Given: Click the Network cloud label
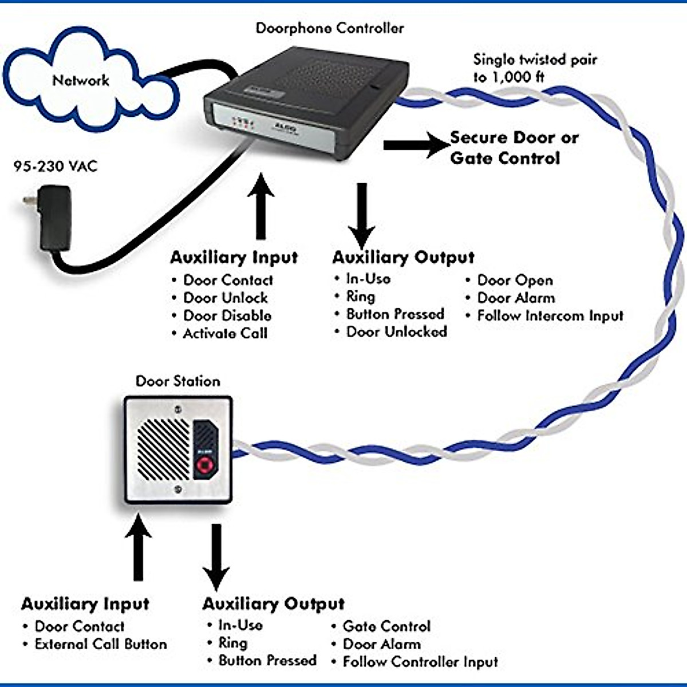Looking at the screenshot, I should pyautogui.click(x=81, y=80).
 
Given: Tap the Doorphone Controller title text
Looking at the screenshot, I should pyautogui.click(x=330, y=28).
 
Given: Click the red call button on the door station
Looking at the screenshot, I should pyautogui.click(x=205, y=465).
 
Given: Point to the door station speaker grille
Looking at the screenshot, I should pyautogui.click(x=163, y=449).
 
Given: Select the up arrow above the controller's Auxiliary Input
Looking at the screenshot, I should pyautogui.click(x=261, y=207).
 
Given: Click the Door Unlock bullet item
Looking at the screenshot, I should pyautogui.click(x=226, y=298).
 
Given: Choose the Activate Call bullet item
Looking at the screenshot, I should pyautogui.click(x=225, y=333).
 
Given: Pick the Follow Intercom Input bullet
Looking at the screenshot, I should pyautogui.click(x=550, y=315).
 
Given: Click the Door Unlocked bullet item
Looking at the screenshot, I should pyautogui.click(x=396, y=331).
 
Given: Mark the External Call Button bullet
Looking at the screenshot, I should pyautogui.click(x=101, y=644).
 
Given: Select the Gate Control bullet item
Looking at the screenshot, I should pyautogui.click(x=386, y=626).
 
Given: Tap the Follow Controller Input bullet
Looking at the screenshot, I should pyautogui.click(x=420, y=662).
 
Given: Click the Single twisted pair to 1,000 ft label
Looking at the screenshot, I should pyautogui.click(x=535, y=68).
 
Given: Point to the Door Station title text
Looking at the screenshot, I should pyautogui.click(x=177, y=381).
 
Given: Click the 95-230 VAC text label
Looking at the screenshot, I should pyautogui.click(x=56, y=166).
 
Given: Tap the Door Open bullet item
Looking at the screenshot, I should pyautogui.click(x=515, y=280).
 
